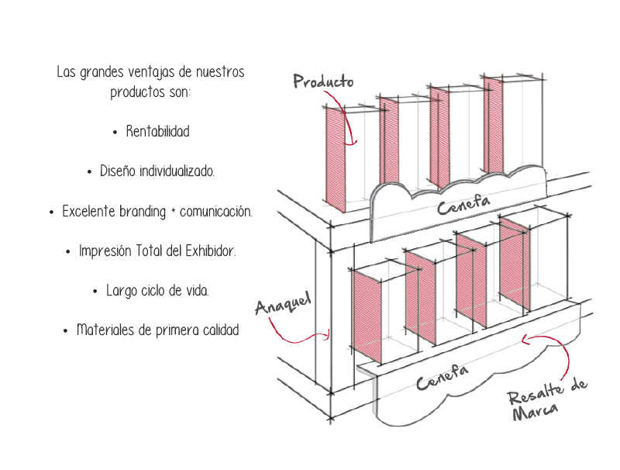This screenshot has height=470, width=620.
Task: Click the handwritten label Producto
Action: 323,81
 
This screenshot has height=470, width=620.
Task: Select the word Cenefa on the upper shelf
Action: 463,205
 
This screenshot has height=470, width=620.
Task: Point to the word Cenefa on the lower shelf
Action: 442,378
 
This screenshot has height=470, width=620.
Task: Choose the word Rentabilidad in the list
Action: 157,132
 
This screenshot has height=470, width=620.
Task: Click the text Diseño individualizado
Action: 157,171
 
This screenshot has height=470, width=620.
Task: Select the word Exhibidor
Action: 209,251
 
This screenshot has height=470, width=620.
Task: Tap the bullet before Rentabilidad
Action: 115,133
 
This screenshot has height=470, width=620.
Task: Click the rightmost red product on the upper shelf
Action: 493,124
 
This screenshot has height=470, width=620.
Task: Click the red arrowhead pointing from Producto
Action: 353,141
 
